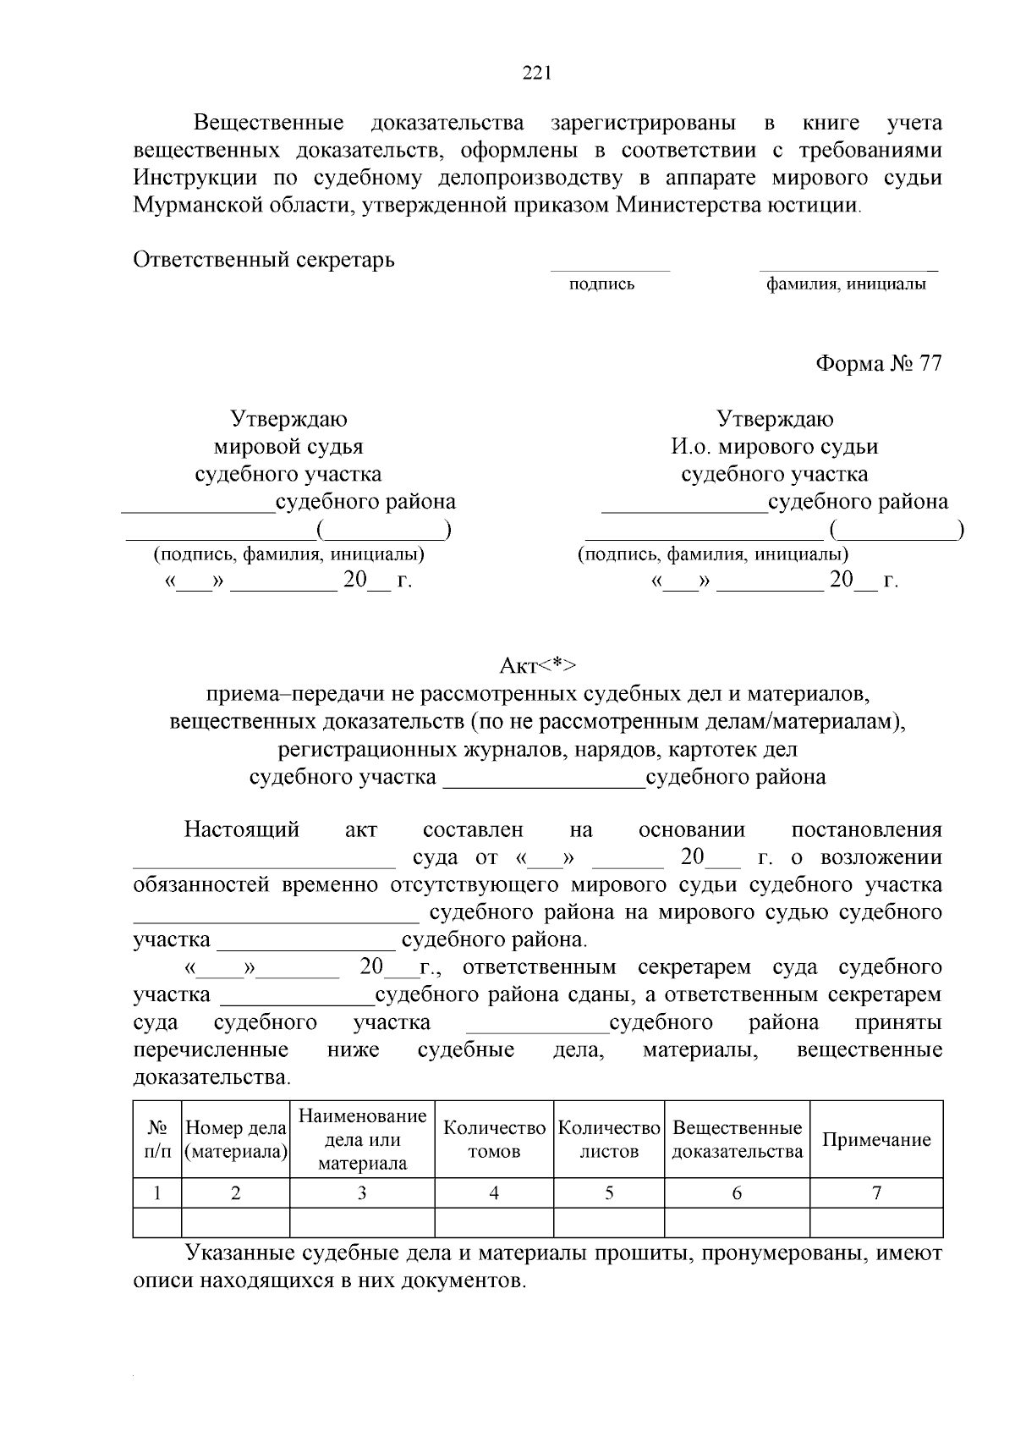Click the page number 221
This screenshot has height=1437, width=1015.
coord(537,74)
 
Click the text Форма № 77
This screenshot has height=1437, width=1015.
coord(878,364)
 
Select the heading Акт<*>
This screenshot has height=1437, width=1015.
coord(537,665)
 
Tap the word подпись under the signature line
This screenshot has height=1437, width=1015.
coord(601,284)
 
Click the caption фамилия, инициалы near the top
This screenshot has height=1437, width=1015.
coord(846,284)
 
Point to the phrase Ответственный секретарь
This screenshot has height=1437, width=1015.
coord(264,259)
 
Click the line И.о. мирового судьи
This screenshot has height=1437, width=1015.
coord(775,447)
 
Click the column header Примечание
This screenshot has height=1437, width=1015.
coord(876,1139)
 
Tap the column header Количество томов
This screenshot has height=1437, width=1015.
coord(494,1139)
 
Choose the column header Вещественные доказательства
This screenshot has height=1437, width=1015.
coord(737,1139)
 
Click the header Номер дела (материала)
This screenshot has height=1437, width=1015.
coord(236,1139)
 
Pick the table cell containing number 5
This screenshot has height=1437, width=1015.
coord(609,1193)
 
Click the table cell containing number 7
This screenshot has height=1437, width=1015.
coord(876,1193)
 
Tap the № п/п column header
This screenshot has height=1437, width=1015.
coord(157,1139)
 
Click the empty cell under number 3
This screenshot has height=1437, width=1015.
coord(362,1223)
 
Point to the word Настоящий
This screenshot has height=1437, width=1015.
coord(242,829)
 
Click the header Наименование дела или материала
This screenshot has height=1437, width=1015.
coord(362,1139)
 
